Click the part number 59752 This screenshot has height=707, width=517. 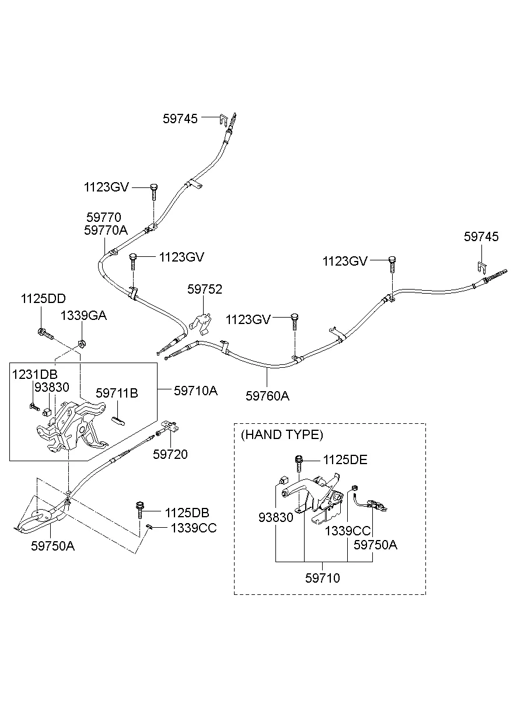pyautogui.click(x=204, y=290)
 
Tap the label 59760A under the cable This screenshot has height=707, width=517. pyautogui.click(x=267, y=396)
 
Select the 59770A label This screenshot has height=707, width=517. pyautogui.click(x=106, y=230)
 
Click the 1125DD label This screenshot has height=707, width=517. pyautogui.click(x=43, y=298)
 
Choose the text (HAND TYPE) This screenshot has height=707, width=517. pyautogui.click(x=281, y=434)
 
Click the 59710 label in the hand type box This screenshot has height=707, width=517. pyautogui.click(x=322, y=578)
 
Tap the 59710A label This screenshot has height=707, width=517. pyautogui.click(x=195, y=390)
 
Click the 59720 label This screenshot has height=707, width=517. pyautogui.click(x=170, y=454)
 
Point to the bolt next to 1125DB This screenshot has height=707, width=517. pyautogui.click(x=140, y=510)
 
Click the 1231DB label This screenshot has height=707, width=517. pyautogui.click(x=34, y=374)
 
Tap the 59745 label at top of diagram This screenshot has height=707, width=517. pyautogui.click(x=180, y=119)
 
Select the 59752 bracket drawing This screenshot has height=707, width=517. pyautogui.click(x=200, y=323)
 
